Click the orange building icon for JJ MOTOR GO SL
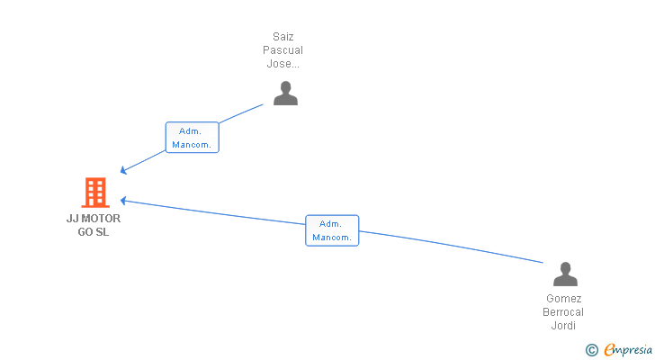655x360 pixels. pos(94,192)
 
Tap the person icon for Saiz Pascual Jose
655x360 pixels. pos(285,93)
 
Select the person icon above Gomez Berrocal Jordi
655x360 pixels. pos(565,274)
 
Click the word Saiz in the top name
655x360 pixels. pos(283,37)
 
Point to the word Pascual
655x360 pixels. pos(283,50)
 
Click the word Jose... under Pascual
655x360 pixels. pos(283,64)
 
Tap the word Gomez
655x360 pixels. pos(564,299)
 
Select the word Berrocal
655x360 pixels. pos(564,312)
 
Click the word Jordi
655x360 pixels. pos(564,326)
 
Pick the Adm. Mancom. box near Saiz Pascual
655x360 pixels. pos(193,137)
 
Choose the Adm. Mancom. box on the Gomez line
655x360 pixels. pos(332,230)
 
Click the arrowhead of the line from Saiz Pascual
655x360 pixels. pos(124,170)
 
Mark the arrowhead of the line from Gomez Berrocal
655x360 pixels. pos(124,201)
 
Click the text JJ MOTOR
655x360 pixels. pos(94,218)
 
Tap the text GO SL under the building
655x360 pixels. pos(94,232)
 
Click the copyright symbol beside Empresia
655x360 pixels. pos(592,350)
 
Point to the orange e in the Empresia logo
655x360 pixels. pos(609,349)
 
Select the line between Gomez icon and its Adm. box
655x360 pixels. pos(450,246)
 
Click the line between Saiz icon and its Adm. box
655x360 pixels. pos(241,112)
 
